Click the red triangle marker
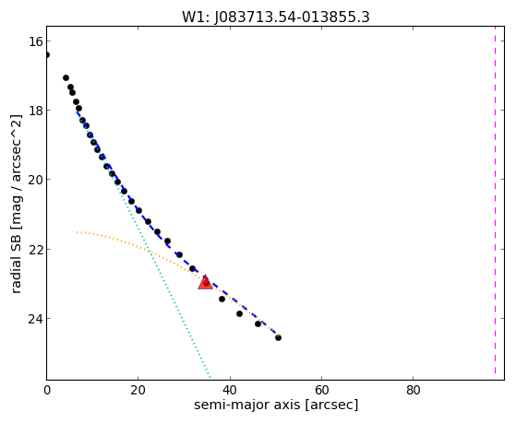205,283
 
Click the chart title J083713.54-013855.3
292,18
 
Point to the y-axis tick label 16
35,41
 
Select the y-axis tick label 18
35,110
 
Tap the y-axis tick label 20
35,180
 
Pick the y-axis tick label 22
35,249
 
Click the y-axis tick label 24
35,319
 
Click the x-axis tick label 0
47,390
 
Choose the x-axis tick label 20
138,390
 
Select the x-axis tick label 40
230,390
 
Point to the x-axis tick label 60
321,390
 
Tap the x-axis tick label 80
413,390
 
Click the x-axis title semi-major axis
246,405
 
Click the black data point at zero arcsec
47,54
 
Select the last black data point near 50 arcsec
278,337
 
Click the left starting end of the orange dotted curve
77,232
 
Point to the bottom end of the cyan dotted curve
210,377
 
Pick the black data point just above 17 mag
66,78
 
